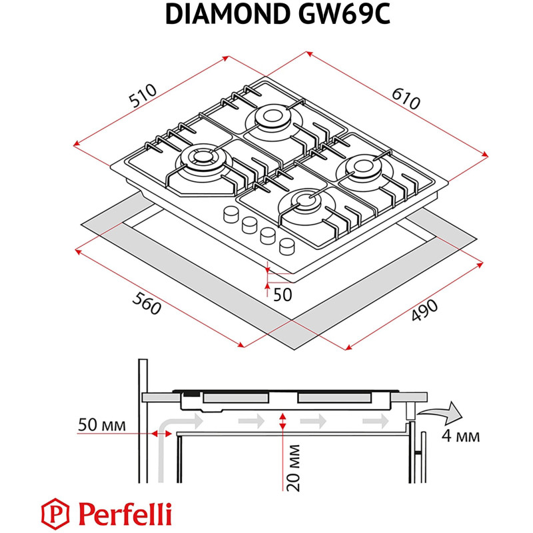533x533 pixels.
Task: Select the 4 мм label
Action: click(460, 437)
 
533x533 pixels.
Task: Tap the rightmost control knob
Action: click(286, 245)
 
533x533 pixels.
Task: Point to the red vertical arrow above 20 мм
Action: click(284, 421)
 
